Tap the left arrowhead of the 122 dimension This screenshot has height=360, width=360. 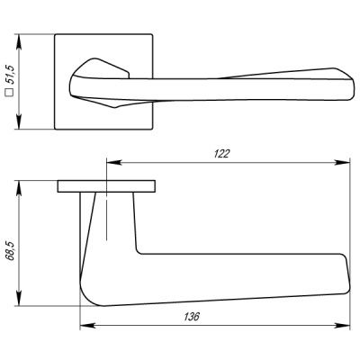click(110, 164)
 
